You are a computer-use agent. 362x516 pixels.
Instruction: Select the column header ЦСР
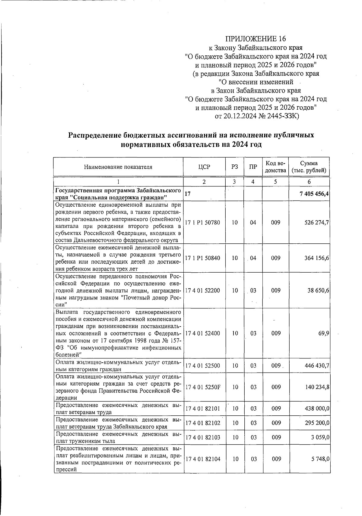(x=204, y=167)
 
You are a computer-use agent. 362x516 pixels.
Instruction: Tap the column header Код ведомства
(x=275, y=167)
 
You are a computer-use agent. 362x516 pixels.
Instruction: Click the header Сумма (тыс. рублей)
(x=309, y=167)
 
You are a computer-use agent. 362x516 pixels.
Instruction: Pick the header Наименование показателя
(x=118, y=167)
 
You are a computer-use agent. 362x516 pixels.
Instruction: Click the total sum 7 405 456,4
(x=314, y=194)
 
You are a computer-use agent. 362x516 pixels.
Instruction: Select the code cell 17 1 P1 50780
(x=203, y=223)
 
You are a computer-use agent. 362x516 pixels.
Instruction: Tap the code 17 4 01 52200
(x=203, y=290)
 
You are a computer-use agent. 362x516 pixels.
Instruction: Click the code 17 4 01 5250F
(x=203, y=387)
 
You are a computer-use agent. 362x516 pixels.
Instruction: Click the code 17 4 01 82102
(x=203, y=423)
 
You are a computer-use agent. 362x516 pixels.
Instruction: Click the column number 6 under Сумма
(x=309, y=182)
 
